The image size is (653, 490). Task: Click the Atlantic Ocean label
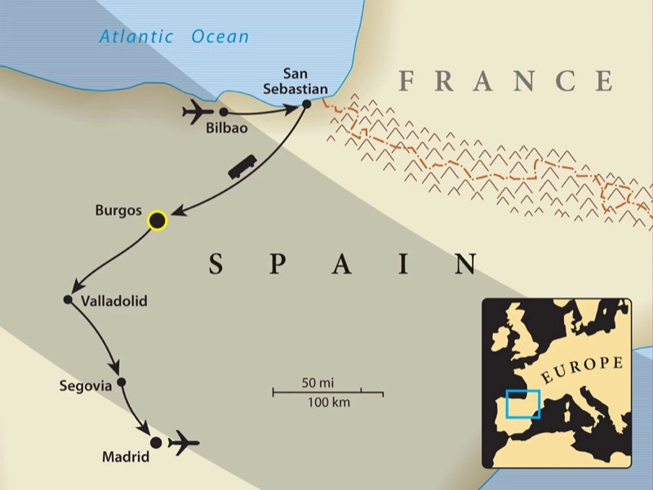[x=174, y=36]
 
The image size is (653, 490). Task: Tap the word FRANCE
[x=506, y=81]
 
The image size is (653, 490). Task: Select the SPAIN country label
[x=343, y=263]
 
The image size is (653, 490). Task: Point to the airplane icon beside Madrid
[x=184, y=443]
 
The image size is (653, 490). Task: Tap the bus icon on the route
[x=242, y=169]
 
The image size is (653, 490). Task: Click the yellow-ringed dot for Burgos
[x=157, y=220]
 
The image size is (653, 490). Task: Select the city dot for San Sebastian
[x=307, y=104]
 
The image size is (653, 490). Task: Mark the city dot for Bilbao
[x=223, y=111]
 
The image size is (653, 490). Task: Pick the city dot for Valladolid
[x=69, y=300]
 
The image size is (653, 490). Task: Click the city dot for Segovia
[x=122, y=381]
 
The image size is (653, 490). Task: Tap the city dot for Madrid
[x=155, y=442]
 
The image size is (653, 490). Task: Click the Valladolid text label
[x=114, y=301]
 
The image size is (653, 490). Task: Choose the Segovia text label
[x=85, y=386]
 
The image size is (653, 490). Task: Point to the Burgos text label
[x=118, y=209]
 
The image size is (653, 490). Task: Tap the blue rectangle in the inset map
[x=522, y=403]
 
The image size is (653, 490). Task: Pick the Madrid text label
[x=125, y=457]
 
